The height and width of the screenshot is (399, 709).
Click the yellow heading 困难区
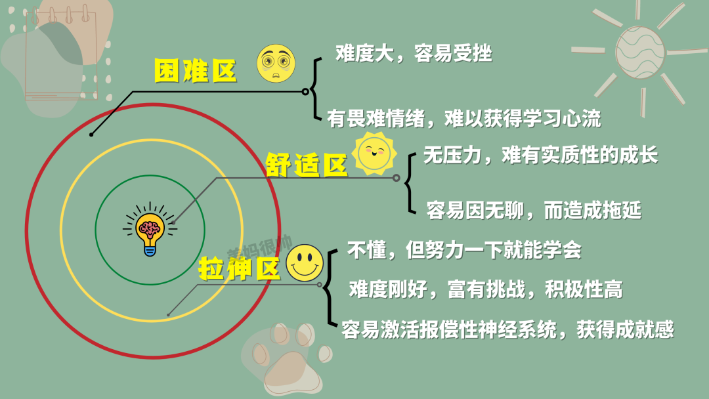coord(195,70)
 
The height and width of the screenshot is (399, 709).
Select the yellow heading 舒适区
coord(306,164)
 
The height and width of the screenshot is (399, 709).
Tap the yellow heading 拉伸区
coord(239,268)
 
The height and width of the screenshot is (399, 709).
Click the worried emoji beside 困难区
coord(276,63)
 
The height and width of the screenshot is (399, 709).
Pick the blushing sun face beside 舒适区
coord(374,153)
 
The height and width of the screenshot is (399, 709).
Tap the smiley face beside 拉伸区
coord(305,263)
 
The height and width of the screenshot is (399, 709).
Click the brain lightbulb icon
coord(150,229)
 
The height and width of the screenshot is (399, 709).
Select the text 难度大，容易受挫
coord(414,53)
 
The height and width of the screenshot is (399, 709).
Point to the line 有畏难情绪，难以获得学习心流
coord(464,119)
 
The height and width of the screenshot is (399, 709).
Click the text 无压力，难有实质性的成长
coord(540,155)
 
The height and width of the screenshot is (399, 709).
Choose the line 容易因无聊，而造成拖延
coord(534,210)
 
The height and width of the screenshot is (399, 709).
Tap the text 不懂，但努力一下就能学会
coord(464,250)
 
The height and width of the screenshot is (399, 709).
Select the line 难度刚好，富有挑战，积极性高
coord(486,289)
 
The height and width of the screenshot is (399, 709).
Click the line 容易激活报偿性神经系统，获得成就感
coord(507,329)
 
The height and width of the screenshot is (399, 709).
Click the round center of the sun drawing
coord(639,52)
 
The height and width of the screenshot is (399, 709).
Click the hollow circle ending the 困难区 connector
coord(305,92)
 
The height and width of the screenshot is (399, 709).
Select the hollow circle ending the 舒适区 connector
coord(396,178)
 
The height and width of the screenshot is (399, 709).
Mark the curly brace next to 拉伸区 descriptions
coord(331,287)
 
